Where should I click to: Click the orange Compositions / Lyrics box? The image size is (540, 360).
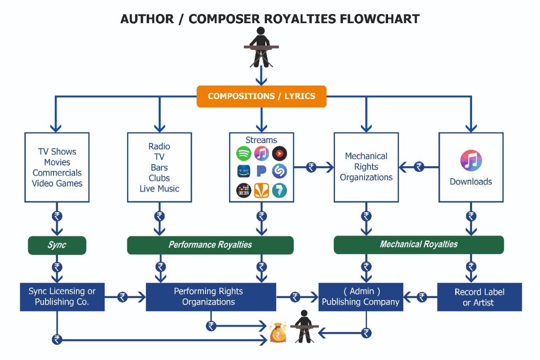point(262,96)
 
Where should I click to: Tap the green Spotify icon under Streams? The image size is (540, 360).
point(244,153)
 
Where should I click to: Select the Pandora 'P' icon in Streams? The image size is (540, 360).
point(262,171)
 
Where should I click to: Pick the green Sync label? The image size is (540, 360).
point(57,245)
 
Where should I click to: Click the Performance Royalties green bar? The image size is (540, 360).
point(210,245)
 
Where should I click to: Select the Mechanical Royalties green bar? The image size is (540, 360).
point(418,245)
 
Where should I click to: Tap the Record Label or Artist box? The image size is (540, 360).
point(479,297)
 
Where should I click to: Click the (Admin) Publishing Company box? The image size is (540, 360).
point(361,297)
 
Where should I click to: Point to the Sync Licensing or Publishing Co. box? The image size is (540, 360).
point(62,297)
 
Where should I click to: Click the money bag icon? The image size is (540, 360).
point(278,333)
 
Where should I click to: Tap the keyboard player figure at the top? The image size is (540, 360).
point(261,47)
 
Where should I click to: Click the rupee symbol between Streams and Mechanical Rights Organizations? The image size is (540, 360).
point(311,168)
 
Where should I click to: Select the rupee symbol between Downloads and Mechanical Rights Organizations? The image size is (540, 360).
point(419,167)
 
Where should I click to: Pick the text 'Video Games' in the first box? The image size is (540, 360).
point(57,184)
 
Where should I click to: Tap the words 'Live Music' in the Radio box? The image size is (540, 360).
point(159,189)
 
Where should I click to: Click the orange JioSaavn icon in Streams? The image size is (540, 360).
point(262,190)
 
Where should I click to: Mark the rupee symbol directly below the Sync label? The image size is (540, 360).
point(57,267)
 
